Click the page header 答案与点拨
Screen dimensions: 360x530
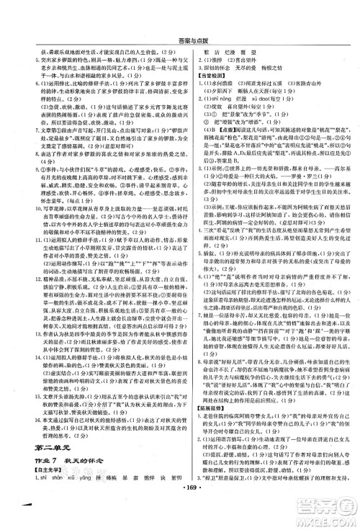click(179, 19)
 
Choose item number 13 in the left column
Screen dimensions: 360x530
click(17, 356)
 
